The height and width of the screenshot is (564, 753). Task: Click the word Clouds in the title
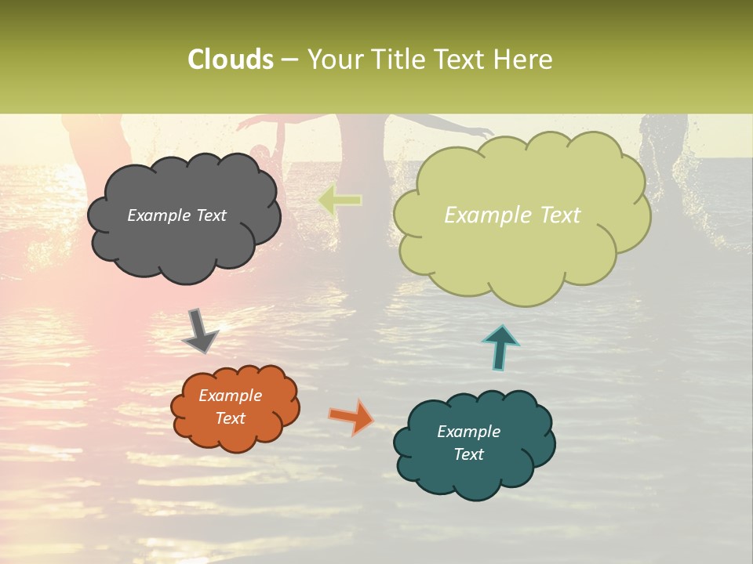point(230,60)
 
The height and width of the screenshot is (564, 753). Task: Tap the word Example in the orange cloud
point(231,396)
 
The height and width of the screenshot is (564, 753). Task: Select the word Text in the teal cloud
point(469,454)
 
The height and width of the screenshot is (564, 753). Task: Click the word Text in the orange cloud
point(231,418)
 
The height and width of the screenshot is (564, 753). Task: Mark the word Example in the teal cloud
point(469,432)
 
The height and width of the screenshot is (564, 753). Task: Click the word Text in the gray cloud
point(210,215)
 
